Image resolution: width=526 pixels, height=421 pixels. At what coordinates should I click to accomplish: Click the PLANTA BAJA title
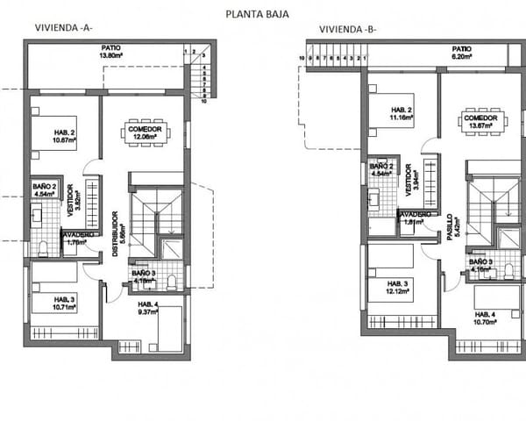(x=257, y=14)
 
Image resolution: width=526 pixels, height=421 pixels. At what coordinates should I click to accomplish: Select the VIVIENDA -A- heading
(x=64, y=28)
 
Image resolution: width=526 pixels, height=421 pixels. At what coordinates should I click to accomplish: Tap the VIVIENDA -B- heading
(x=348, y=28)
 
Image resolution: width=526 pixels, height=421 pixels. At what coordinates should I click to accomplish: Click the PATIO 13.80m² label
(x=110, y=53)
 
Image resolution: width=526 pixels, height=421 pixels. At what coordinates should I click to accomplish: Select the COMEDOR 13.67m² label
(x=481, y=124)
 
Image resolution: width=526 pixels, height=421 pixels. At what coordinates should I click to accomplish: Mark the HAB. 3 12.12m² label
(x=400, y=288)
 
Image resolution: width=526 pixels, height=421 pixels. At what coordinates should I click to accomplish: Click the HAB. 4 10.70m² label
(x=485, y=318)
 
